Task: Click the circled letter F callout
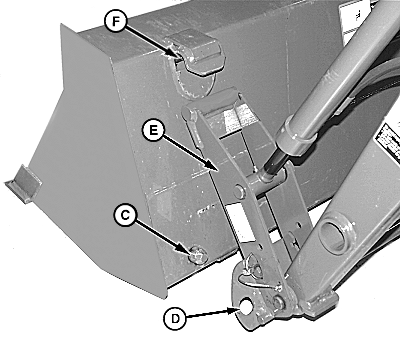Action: pyautogui.click(x=115, y=21)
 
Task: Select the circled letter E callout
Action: pyautogui.click(x=153, y=130)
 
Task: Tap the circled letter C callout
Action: pyautogui.click(x=125, y=215)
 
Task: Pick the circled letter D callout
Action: pyautogui.click(x=175, y=319)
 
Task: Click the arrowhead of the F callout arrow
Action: pyautogui.click(x=178, y=56)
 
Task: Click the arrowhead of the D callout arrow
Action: pyautogui.click(x=234, y=310)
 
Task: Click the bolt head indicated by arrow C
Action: pyautogui.click(x=198, y=256)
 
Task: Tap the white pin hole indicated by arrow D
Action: pyautogui.click(x=247, y=306)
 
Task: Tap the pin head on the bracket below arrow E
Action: pyautogui.click(x=239, y=191)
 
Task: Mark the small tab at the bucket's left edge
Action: pyautogui.click(x=23, y=183)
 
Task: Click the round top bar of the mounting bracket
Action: pyautogui.click(x=213, y=102)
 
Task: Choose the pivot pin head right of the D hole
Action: pyautogui.click(x=277, y=302)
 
